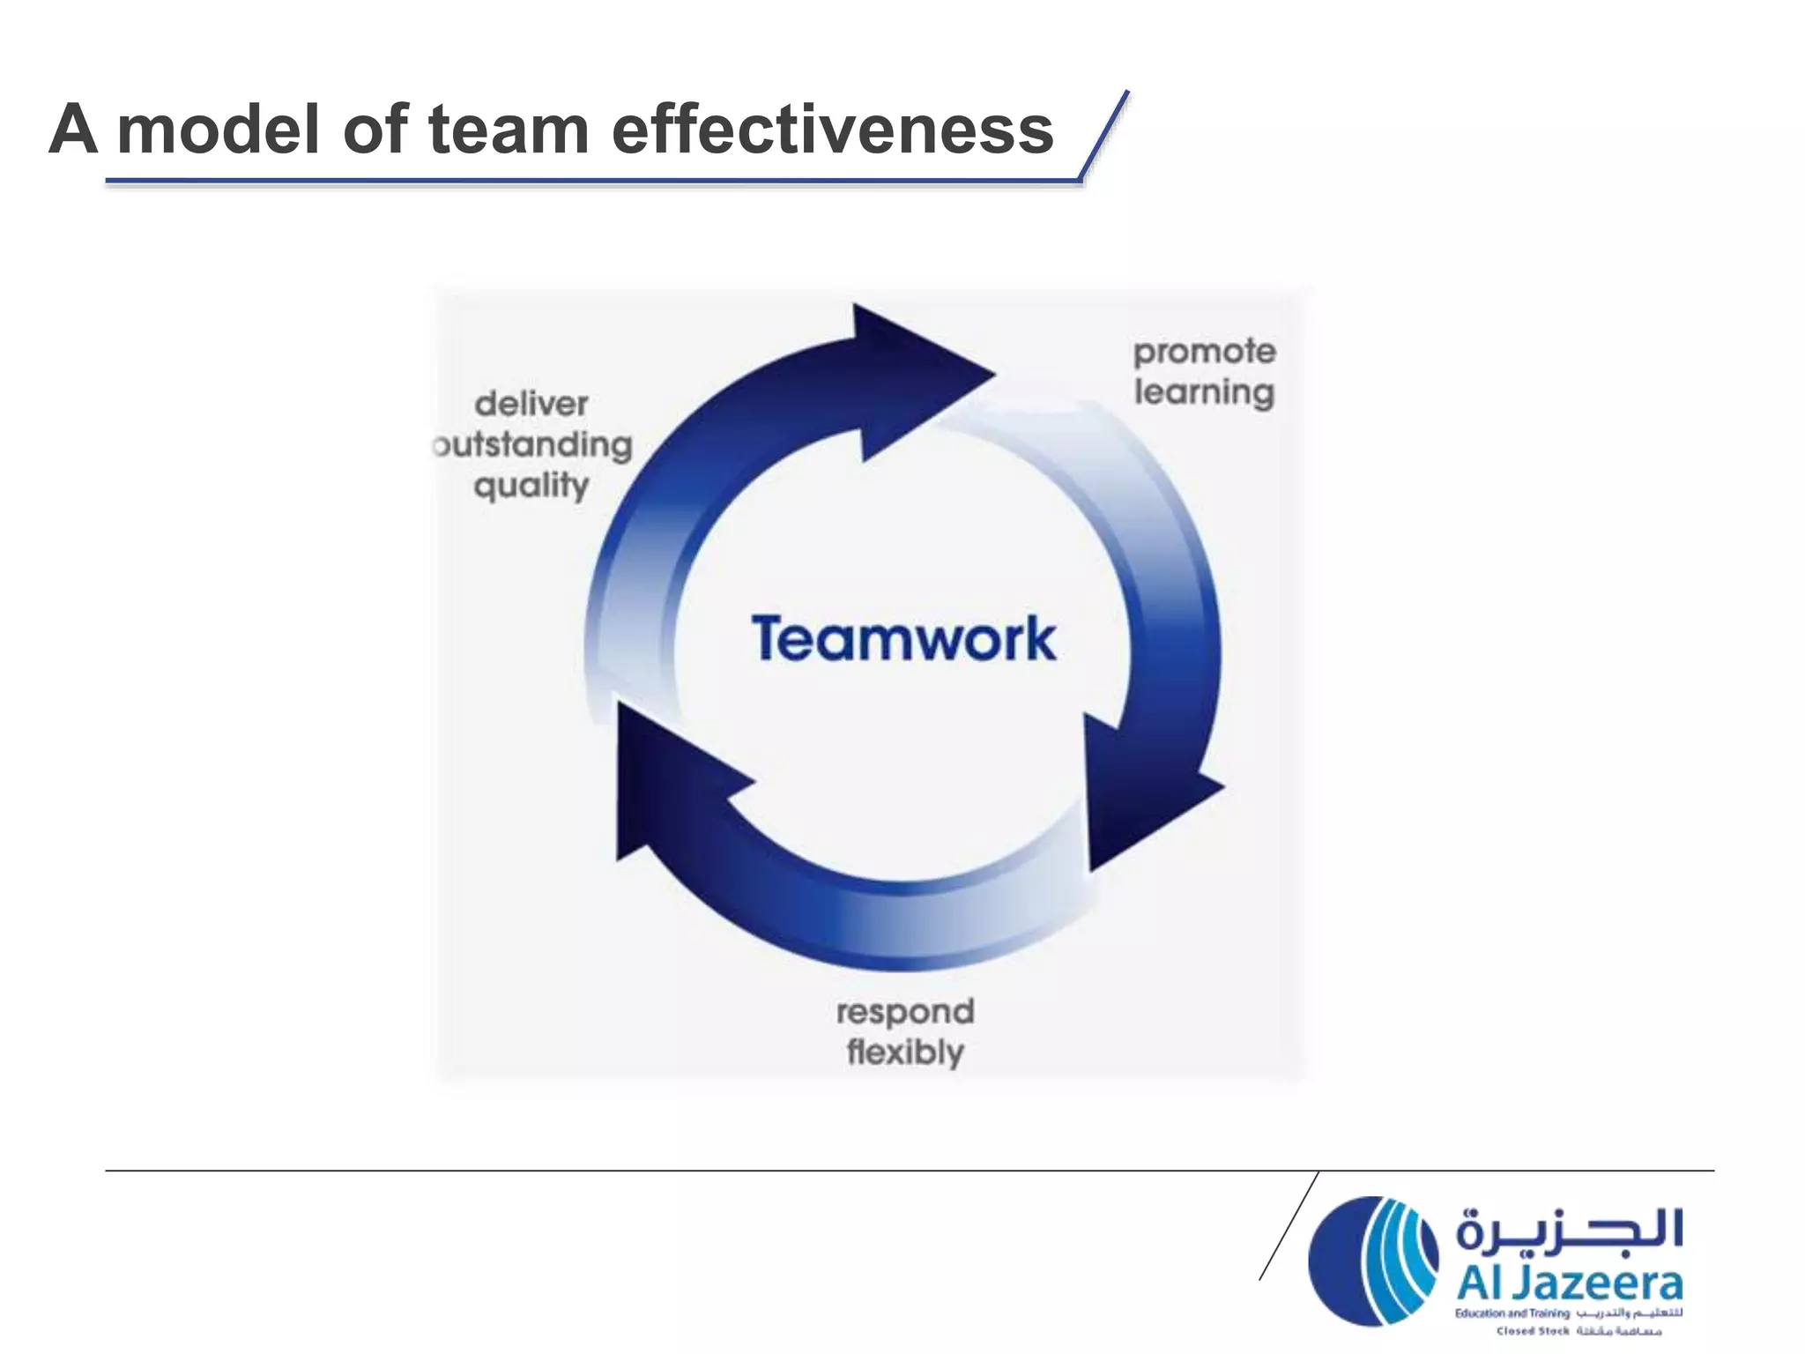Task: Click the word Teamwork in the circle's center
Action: (x=903, y=638)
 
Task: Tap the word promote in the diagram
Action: (x=1204, y=353)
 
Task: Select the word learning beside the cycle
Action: (x=1204, y=393)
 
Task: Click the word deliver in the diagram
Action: (x=531, y=404)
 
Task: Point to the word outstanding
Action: (x=534, y=445)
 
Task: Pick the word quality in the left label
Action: (x=531, y=487)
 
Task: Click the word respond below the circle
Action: (x=905, y=1012)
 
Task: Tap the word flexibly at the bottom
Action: (x=905, y=1053)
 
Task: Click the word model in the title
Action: (x=219, y=130)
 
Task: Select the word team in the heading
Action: (x=509, y=130)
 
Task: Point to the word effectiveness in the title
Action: (x=832, y=130)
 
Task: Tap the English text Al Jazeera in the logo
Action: (x=1569, y=1284)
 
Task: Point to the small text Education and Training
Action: (x=1512, y=1313)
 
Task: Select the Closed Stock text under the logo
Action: (x=1533, y=1331)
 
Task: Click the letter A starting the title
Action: (x=73, y=130)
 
